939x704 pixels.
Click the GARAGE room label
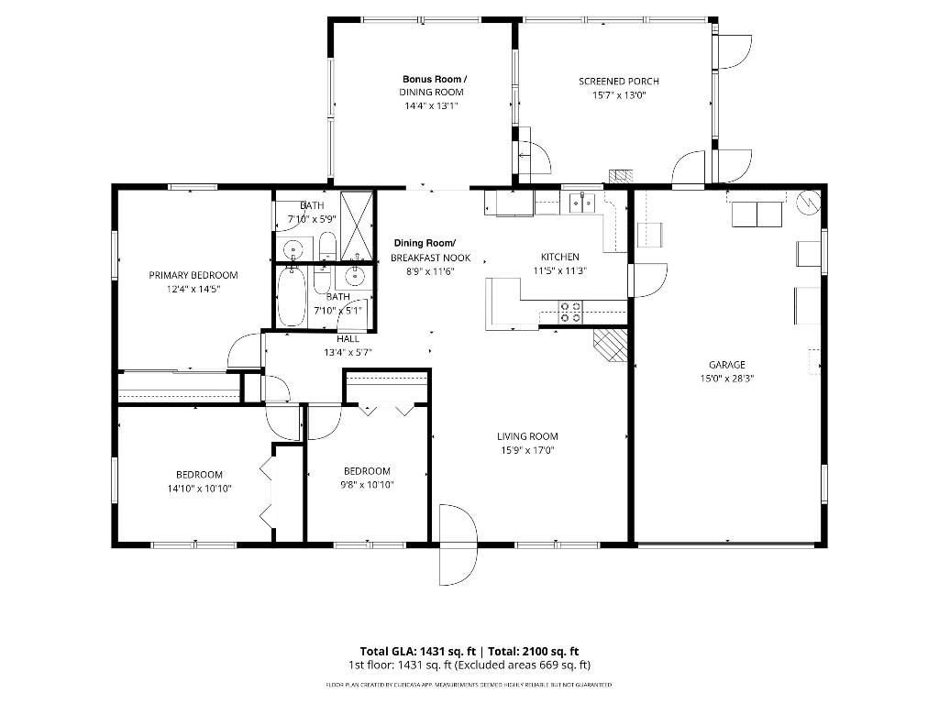point(726,364)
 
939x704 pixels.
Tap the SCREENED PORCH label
point(618,82)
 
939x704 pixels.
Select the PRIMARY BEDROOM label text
point(193,275)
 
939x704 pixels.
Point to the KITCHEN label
point(559,258)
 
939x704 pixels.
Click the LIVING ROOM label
point(527,436)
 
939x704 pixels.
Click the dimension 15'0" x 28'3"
point(726,378)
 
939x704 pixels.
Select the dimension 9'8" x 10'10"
point(367,485)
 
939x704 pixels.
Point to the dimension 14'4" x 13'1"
point(431,105)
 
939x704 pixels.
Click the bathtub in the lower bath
point(291,296)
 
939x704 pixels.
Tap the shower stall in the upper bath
point(356,225)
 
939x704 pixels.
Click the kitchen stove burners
point(570,312)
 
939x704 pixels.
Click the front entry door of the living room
point(458,544)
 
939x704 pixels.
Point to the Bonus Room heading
point(433,80)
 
